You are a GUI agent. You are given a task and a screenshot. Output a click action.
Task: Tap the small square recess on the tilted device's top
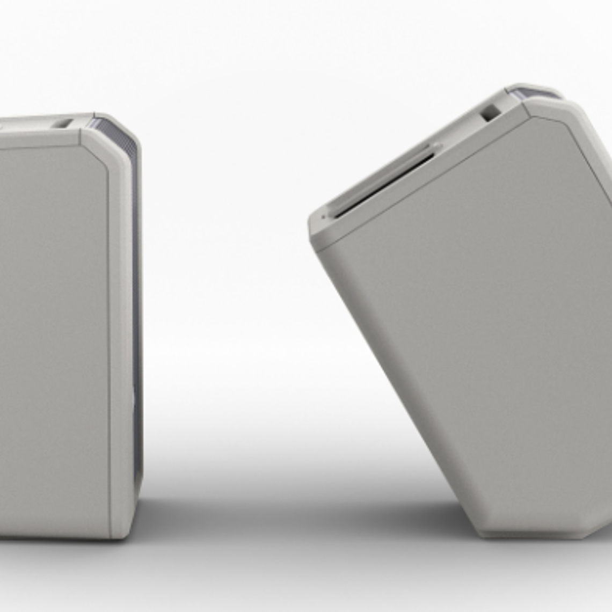pos(490,113)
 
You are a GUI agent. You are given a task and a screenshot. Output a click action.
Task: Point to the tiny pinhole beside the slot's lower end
pos(323,217)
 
